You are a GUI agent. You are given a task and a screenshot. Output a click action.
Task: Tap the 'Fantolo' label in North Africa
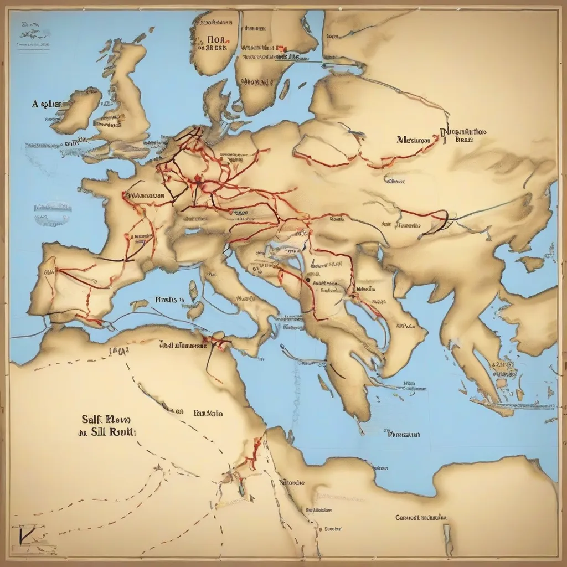208,413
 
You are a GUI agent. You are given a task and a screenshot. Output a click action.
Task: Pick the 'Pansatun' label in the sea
404,435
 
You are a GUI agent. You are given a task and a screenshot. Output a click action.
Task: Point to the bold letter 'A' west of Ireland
35,104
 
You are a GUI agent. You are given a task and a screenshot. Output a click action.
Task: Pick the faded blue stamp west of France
53,213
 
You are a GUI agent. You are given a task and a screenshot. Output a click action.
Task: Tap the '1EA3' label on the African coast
119,350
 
